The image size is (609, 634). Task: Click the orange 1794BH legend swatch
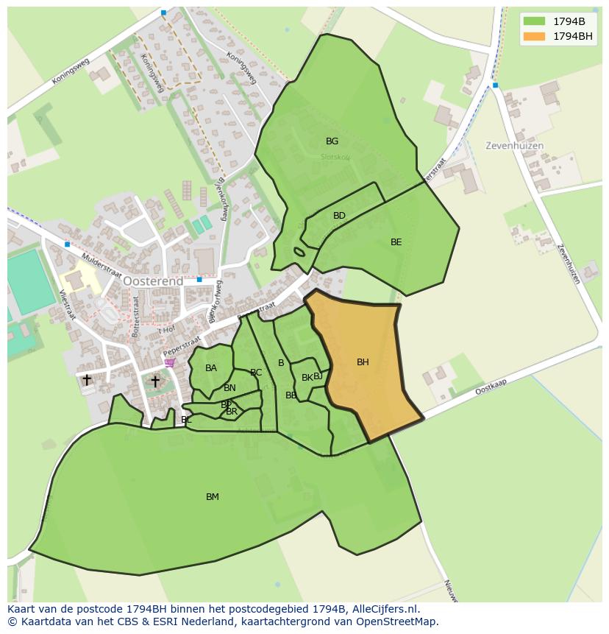535,35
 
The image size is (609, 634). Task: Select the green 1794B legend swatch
535,21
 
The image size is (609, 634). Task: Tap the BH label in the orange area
363,362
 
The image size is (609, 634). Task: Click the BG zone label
332,141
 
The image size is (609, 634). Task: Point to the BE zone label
396,242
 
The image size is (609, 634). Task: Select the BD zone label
339,216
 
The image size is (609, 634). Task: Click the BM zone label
213,497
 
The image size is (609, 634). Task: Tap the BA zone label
211,368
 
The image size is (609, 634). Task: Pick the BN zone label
229,388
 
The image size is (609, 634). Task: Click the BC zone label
256,373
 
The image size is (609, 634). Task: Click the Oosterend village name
153,281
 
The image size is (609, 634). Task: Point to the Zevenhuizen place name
514,146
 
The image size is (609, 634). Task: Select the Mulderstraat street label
101,265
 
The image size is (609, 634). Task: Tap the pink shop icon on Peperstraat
170,362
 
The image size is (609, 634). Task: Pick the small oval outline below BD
299,252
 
